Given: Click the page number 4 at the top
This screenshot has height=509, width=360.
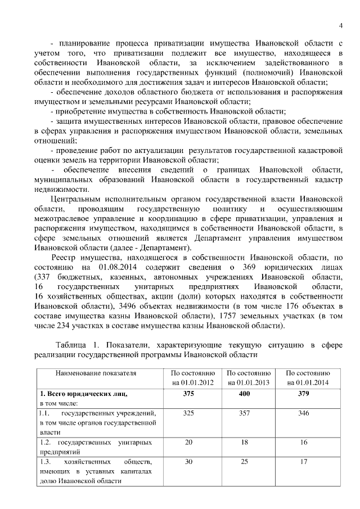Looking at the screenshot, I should tap(341, 24).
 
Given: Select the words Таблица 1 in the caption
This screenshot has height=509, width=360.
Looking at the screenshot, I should tap(76, 344).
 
